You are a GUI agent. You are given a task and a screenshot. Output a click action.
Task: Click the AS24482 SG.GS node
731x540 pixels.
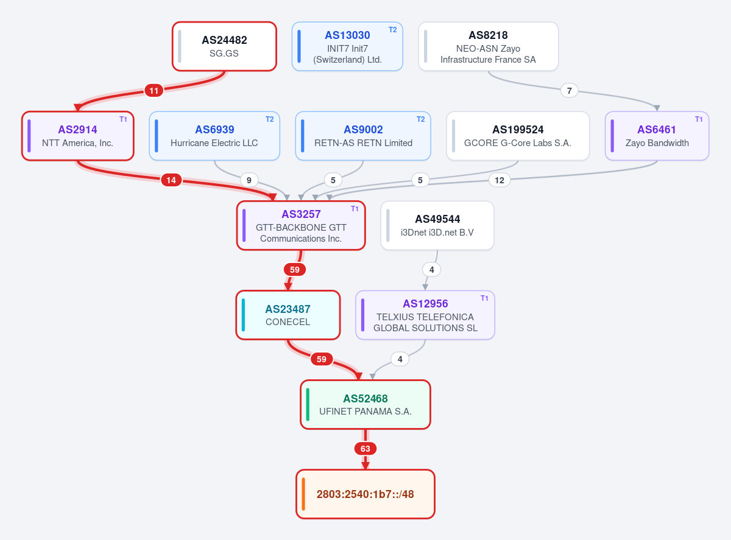[x=224, y=46]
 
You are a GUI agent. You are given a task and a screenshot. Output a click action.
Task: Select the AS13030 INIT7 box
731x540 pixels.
[x=347, y=46]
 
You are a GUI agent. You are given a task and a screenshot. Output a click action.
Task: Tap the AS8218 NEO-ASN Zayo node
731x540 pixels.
[x=488, y=46]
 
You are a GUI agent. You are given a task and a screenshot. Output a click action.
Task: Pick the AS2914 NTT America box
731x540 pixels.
[x=78, y=136]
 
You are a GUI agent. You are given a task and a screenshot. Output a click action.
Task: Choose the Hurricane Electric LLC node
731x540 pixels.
[x=214, y=136]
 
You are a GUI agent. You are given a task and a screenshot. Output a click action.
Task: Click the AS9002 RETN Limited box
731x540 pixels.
[x=363, y=136]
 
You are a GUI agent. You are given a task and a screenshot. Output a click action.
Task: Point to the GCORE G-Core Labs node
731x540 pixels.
[x=518, y=136]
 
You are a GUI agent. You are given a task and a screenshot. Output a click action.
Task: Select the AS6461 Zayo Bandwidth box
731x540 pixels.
[x=657, y=136]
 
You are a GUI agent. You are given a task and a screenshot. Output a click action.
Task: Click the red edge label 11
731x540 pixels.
[x=154, y=91]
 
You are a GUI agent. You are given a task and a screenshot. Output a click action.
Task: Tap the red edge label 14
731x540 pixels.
[x=171, y=180]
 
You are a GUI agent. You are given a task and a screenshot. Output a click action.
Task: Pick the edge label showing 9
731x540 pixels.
[x=249, y=180]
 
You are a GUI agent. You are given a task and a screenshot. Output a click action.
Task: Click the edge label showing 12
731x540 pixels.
[x=500, y=180]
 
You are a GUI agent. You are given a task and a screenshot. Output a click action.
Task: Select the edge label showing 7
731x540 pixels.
[x=569, y=91]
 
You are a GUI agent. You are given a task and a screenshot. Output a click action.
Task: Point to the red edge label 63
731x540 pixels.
[x=365, y=449]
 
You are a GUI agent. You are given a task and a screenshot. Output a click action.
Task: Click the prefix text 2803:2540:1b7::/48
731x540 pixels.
[x=365, y=494]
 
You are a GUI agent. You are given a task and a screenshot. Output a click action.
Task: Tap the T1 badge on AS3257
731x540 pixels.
[x=355, y=209]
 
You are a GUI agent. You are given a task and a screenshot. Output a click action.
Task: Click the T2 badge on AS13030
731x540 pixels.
[x=392, y=30]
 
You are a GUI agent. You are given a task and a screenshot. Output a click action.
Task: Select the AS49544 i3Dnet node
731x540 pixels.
[x=437, y=226]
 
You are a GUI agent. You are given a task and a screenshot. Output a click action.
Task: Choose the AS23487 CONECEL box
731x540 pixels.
[x=288, y=315]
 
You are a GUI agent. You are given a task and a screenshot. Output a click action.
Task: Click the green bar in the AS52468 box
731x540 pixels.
[x=308, y=405]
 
